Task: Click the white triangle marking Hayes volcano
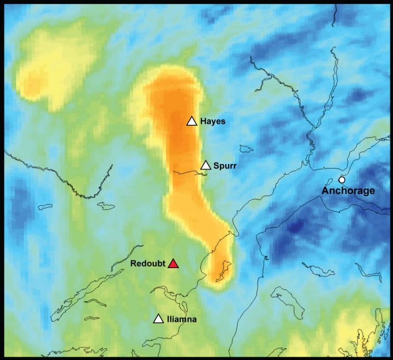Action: (x=192, y=121)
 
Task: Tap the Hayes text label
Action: (x=213, y=121)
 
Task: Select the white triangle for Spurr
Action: (x=205, y=165)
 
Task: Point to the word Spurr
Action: (x=225, y=166)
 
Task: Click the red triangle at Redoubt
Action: (x=173, y=264)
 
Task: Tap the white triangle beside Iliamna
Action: (x=158, y=319)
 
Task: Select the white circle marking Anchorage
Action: (x=342, y=180)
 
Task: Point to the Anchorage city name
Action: (x=348, y=191)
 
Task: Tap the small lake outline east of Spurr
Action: (x=246, y=148)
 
